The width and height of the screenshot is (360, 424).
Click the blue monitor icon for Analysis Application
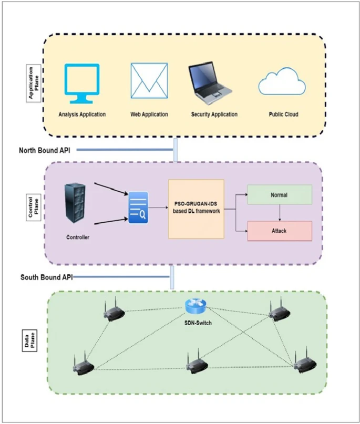click(81, 84)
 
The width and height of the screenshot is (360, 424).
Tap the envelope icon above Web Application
click(149, 81)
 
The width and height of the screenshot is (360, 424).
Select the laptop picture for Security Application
click(210, 83)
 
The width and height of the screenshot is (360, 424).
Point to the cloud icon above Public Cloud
click(282, 81)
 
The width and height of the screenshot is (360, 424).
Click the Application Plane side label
click(34, 84)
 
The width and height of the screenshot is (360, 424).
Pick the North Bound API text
click(45, 150)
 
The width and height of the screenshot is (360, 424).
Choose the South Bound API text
click(47, 277)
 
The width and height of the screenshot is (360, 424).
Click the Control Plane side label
click(34, 207)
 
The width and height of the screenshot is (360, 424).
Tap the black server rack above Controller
click(75, 203)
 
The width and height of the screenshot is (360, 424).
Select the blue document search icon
click(138, 208)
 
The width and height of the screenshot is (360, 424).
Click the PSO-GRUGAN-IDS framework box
click(196, 209)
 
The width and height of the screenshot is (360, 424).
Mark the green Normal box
click(280, 194)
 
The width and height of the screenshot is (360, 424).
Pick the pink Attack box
click(280, 231)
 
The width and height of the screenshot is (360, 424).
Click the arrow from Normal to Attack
click(280, 213)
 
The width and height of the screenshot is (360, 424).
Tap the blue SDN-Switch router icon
click(196, 306)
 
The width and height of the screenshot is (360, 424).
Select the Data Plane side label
click(29, 340)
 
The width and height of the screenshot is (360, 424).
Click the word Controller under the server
click(78, 237)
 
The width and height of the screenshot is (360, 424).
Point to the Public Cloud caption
click(283, 115)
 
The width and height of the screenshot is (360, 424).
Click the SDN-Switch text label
click(198, 323)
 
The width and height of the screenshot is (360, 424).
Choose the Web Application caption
click(149, 115)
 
